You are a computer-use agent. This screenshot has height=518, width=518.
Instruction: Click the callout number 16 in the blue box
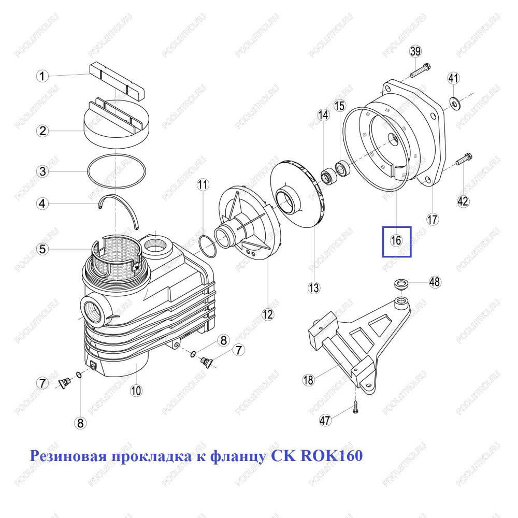point(396,240)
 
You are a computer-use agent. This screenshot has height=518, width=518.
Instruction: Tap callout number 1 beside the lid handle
point(42,76)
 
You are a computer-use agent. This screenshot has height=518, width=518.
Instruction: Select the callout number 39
point(415,51)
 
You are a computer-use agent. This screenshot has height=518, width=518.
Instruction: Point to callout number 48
point(435,282)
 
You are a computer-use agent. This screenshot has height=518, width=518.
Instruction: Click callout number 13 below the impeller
point(313,287)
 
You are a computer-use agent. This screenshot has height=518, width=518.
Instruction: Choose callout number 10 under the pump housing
point(136,391)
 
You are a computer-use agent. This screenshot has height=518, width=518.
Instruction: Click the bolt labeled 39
point(420,70)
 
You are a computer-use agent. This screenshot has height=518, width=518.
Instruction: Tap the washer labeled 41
point(455,104)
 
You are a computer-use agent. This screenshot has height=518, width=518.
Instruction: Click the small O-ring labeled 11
point(207,246)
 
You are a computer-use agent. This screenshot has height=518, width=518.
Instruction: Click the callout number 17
point(433,219)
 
